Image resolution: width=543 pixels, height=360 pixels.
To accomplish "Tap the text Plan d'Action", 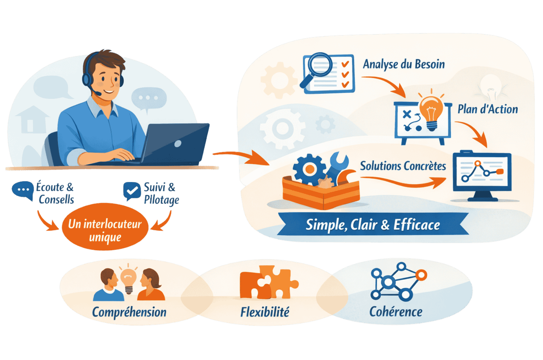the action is (x=488, y=109).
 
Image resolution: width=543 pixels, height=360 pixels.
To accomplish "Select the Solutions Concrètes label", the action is (x=403, y=166).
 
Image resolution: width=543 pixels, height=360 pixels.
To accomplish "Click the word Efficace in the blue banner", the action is (x=416, y=225).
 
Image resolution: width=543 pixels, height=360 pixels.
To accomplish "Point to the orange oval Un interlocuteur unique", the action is (x=105, y=226).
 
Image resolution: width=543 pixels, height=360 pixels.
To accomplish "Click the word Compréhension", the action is (x=129, y=312).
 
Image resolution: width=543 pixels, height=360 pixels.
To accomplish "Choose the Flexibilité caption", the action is (x=265, y=312).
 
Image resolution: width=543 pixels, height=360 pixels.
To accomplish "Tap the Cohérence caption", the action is (x=396, y=311).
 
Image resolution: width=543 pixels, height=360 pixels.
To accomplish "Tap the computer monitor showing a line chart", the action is (x=482, y=176).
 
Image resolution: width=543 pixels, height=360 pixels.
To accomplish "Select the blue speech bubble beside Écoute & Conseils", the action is (x=23, y=190).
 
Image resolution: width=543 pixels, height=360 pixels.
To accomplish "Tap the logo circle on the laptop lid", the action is (x=178, y=144).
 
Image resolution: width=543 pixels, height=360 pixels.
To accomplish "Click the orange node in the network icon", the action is (x=421, y=275).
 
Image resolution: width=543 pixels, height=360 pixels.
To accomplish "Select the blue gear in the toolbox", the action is (x=309, y=169).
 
